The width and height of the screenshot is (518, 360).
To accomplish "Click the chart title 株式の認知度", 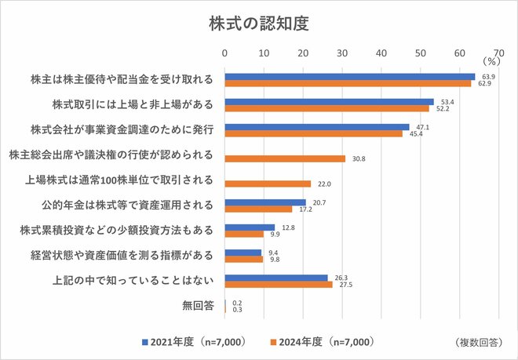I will (259, 23).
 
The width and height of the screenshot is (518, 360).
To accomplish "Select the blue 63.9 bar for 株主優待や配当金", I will (350, 76).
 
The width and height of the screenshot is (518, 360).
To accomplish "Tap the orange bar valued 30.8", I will (285, 158).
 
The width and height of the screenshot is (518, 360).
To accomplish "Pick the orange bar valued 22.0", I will (268, 184).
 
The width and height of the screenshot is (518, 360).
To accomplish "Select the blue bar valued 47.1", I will (317, 126).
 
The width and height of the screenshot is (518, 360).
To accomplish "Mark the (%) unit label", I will (492, 60).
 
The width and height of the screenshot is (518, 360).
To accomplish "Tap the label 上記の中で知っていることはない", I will (139, 280).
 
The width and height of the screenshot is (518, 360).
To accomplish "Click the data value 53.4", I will (449, 102).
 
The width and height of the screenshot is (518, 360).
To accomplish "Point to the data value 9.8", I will (275, 260).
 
